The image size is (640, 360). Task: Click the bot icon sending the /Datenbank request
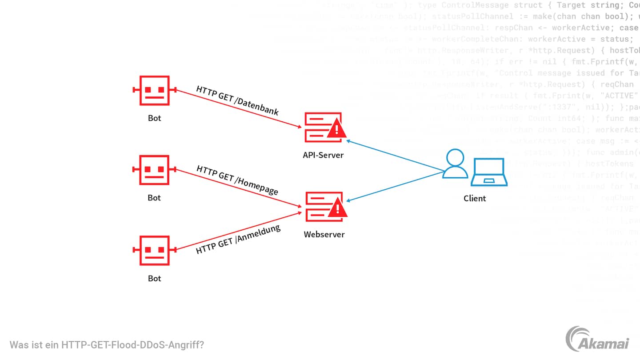click(x=154, y=90)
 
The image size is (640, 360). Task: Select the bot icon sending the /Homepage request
click(x=154, y=170)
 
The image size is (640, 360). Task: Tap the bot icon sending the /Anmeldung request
click(x=154, y=250)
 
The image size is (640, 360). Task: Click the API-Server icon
click(x=324, y=127)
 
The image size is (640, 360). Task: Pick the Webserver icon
click(x=324, y=207)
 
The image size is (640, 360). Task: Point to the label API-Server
click(x=323, y=155)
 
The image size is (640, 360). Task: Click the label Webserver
click(x=324, y=234)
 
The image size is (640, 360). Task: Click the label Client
click(x=475, y=198)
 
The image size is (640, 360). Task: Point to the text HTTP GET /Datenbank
click(x=238, y=100)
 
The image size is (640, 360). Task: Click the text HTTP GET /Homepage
click(x=237, y=180)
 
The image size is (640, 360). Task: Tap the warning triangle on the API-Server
click(x=337, y=129)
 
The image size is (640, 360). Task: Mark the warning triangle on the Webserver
click(x=337, y=208)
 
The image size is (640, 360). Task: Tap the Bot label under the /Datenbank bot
click(x=154, y=118)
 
